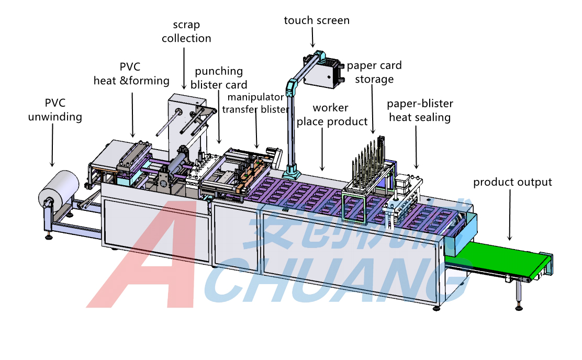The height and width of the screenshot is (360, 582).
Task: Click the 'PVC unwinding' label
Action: pos(55,110)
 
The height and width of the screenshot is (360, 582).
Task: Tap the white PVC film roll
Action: pos(58,188)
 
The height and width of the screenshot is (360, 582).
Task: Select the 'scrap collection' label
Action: pos(186,31)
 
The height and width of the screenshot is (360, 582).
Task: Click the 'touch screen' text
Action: pos(317,20)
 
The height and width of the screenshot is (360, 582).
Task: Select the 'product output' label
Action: pos(512,182)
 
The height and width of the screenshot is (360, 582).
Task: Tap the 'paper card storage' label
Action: pos(374,72)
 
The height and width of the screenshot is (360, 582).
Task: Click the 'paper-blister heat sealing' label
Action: pos(419,110)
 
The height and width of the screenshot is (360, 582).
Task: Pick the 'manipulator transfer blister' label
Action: pos(256,103)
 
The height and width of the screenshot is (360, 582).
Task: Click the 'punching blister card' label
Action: pos(219,77)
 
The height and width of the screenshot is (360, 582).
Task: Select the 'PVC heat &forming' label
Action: pos(131,74)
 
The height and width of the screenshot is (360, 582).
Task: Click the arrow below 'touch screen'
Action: pos(313,38)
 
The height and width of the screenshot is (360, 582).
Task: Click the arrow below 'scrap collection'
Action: pos(184,68)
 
